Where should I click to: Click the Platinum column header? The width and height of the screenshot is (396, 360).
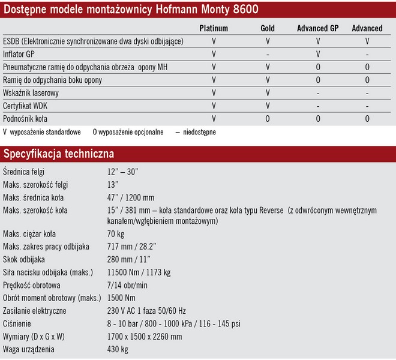[x=214, y=28]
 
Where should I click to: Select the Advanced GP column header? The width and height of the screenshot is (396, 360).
[x=317, y=28]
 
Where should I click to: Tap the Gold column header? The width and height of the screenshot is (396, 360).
[x=268, y=28]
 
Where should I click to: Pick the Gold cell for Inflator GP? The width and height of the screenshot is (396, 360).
[x=268, y=54]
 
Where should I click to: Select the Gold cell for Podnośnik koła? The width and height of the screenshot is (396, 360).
[x=268, y=119]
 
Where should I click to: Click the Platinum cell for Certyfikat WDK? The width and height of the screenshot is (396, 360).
[x=214, y=106]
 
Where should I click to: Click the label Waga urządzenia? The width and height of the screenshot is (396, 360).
[x=29, y=350]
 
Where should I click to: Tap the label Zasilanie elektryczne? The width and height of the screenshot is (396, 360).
[x=37, y=311]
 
